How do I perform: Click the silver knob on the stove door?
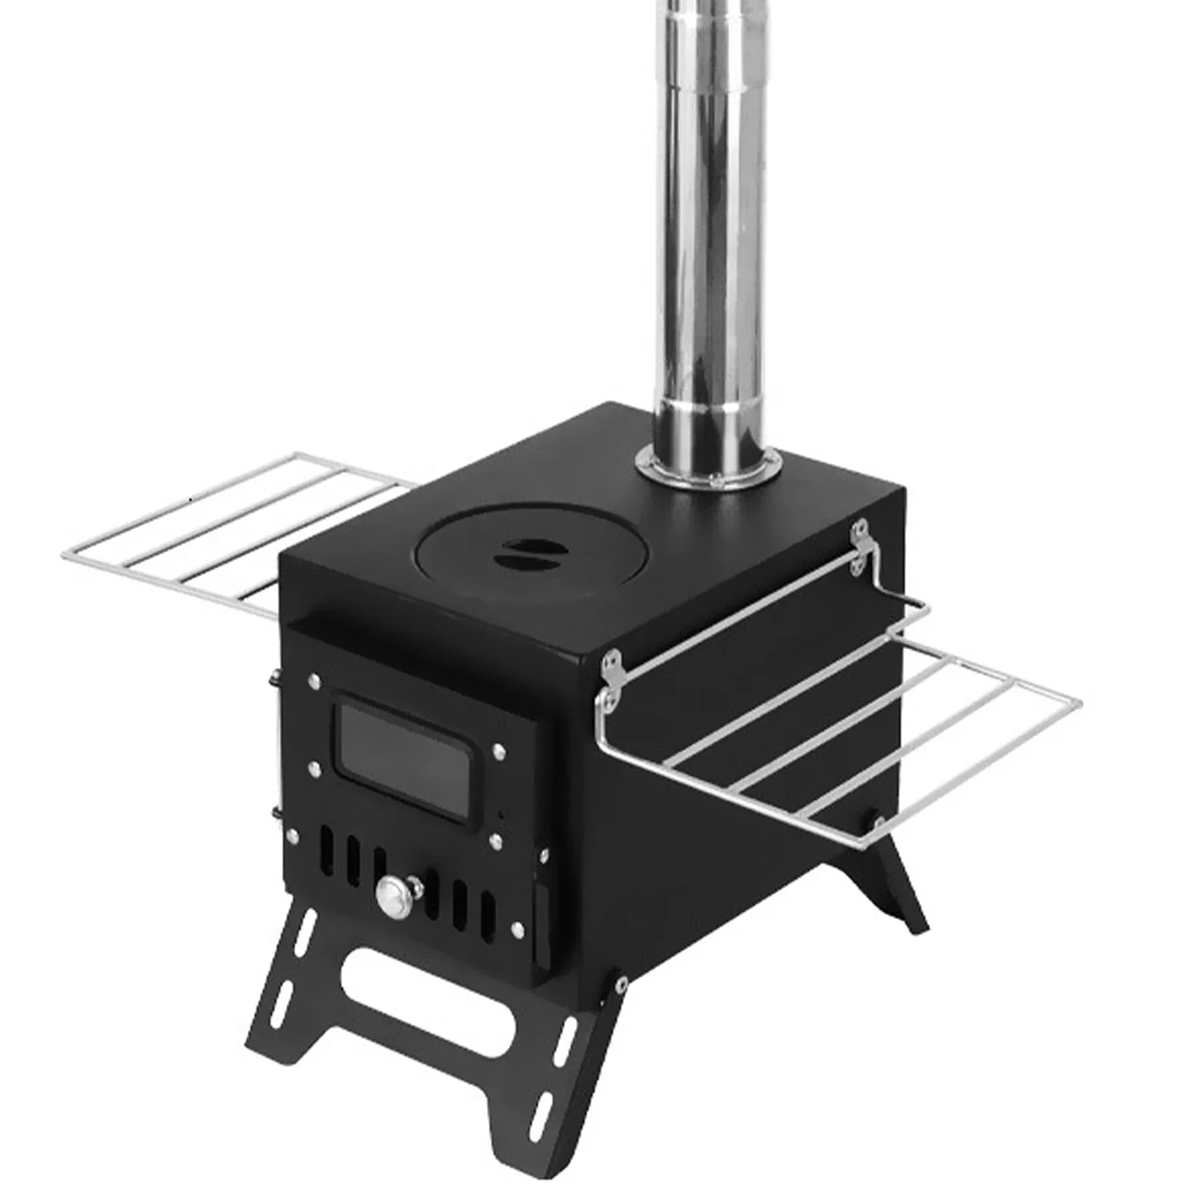pyautogui.click(x=391, y=893)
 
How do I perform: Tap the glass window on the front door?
pyautogui.click(x=403, y=761)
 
